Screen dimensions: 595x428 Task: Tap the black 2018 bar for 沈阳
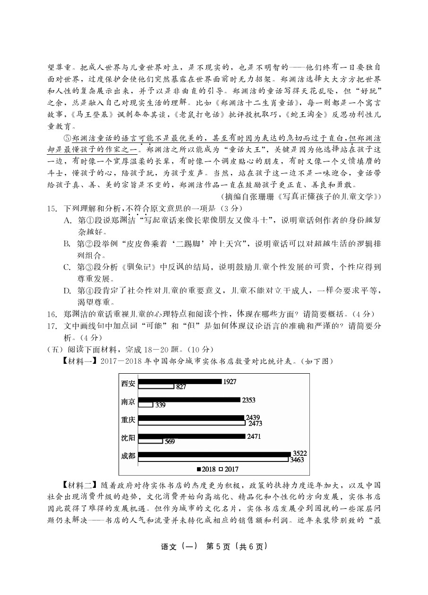[x=192, y=436]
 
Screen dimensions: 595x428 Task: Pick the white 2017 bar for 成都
[x=214, y=459]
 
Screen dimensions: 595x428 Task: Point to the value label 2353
[x=248, y=400]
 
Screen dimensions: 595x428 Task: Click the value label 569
[x=170, y=442]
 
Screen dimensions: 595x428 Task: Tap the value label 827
[x=180, y=387]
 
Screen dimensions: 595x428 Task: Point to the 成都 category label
[x=128, y=456]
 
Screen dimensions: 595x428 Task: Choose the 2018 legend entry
[x=205, y=469]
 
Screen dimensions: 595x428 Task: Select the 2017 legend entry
[x=229, y=469]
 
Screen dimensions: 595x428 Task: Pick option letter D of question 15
[x=67, y=291]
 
